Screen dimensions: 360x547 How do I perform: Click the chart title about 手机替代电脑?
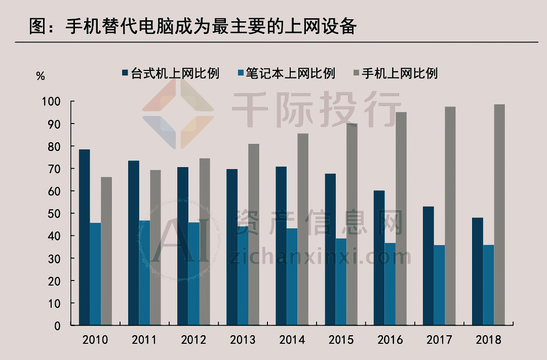point(192,25)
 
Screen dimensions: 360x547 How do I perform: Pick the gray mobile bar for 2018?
point(499,215)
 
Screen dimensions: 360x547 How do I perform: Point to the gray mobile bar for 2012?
point(205,242)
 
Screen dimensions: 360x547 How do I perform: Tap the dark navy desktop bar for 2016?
point(379,258)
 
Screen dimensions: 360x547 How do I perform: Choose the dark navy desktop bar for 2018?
point(478,271)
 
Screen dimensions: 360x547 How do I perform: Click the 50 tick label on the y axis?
point(54,214)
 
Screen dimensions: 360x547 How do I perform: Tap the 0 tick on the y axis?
point(57,326)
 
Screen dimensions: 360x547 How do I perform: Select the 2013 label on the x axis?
point(243,340)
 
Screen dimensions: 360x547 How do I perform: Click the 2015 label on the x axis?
point(341,340)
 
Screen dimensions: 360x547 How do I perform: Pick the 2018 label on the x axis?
point(488,340)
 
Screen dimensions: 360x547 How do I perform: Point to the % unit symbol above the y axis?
point(41,76)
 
